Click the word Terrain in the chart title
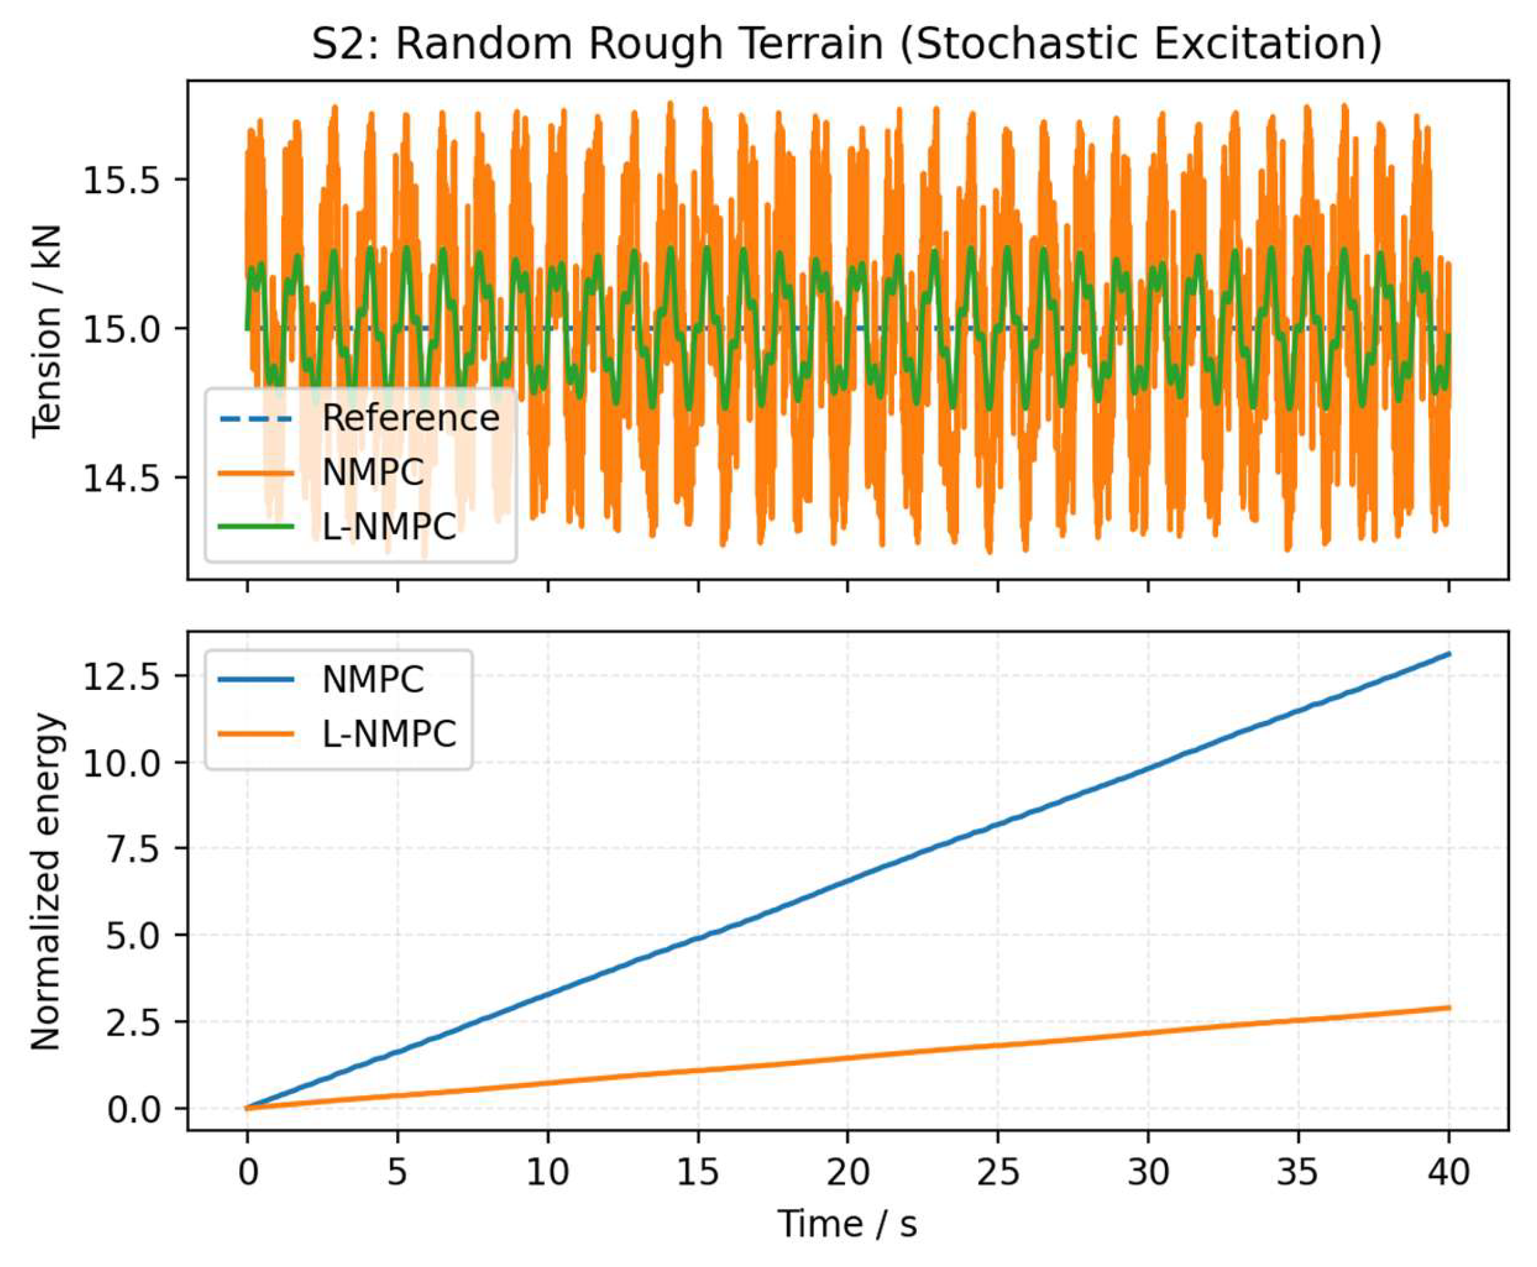click(807, 44)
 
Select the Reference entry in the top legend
click(410, 418)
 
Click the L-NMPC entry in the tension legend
click(389, 526)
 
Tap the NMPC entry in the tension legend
click(372, 472)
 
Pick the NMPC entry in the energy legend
click(372, 679)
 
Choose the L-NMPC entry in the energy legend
click(389, 733)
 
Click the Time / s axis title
click(847, 1224)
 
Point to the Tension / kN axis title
click(47, 331)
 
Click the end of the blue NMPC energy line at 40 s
click(1448, 654)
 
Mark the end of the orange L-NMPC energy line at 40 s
click(1448, 1008)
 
